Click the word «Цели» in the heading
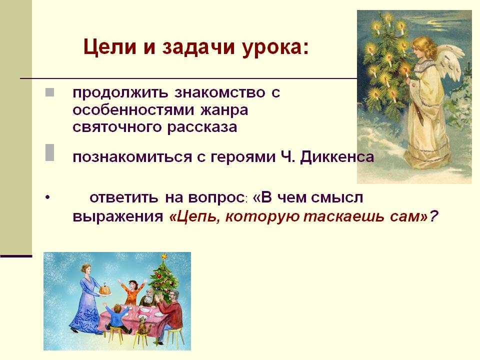click(109, 47)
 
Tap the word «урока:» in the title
click(275, 48)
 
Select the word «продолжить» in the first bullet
click(120, 93)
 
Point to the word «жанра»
click(224, 110)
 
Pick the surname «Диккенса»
click(337, 157)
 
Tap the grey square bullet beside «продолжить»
click(50, 92)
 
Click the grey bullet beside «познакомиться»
click(50, 152)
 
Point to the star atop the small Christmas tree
click(164, 256)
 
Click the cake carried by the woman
click(105, 289)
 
